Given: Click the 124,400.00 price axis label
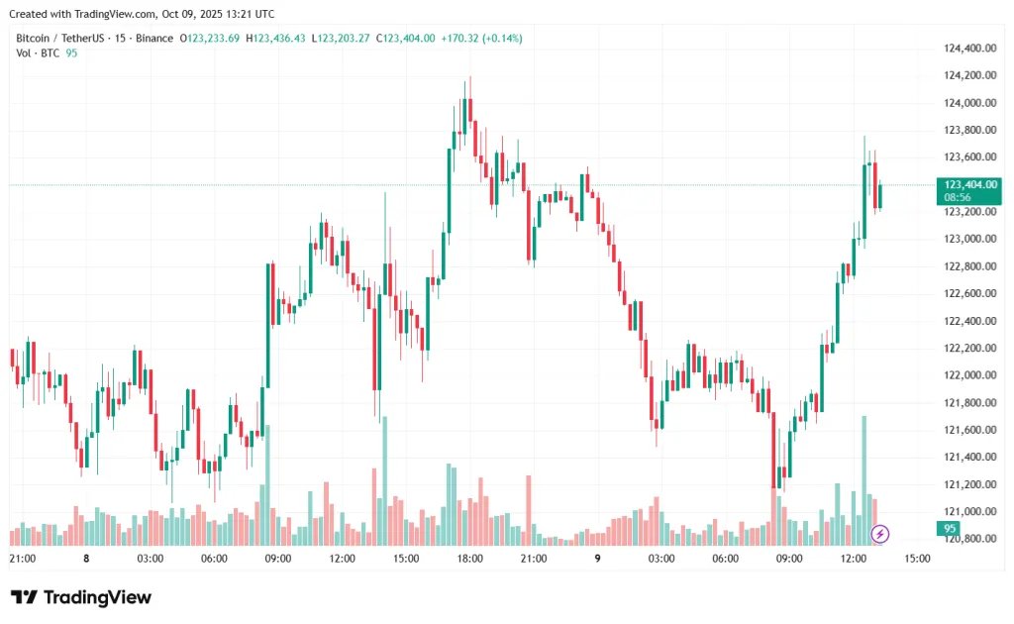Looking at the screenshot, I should tap(969, 48).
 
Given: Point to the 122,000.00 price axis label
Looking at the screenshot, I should tap(969, 375).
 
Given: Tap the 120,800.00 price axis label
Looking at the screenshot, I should tap(969, 539).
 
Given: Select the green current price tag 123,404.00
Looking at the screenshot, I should tap(970, 184).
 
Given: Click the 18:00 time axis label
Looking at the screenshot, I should tap(469, 559).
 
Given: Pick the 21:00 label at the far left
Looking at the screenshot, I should tap(22, 559).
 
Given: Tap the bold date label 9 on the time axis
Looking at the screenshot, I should tap(598, 559).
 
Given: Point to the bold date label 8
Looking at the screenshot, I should tap(86, 559).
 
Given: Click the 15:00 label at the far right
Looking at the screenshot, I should tap(917, 559).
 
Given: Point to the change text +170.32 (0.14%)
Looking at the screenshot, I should tap(481, 38).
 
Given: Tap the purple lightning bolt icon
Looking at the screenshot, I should tap(880, 534).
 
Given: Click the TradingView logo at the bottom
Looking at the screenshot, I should tap(81, 597).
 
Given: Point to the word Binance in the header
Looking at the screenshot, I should tap(151, 38).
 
